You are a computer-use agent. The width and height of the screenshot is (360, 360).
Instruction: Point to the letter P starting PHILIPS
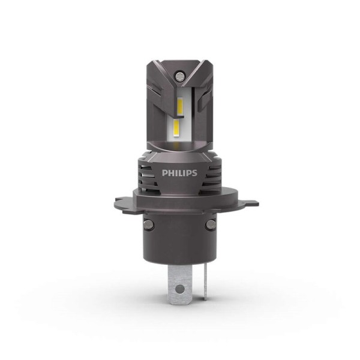coord(164,173)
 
